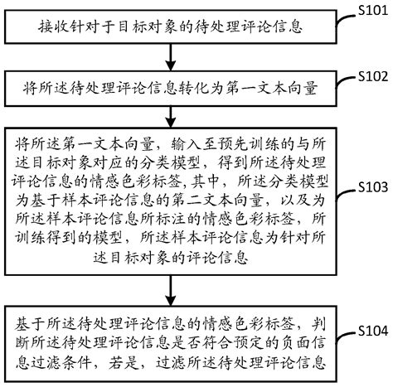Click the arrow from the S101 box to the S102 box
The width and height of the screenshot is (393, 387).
[x=171, y=57]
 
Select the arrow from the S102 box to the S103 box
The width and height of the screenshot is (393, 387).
[x=171, y=109]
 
